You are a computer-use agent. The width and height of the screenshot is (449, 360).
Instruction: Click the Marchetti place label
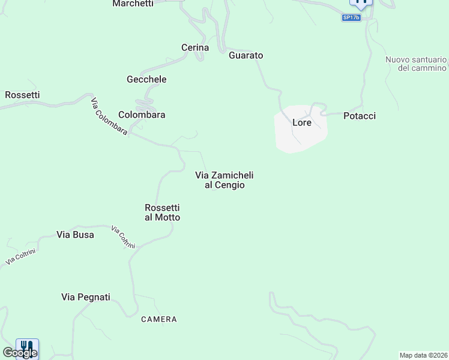coord(133,4)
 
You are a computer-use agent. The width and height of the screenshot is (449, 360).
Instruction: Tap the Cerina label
coord(195,47)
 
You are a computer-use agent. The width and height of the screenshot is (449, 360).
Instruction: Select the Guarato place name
coord(246,55)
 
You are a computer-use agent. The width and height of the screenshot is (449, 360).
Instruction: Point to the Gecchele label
coord(146,79)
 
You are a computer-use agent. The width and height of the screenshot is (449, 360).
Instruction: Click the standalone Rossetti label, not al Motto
coord(22,95)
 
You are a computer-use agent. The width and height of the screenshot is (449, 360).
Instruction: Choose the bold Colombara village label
coord(142,115)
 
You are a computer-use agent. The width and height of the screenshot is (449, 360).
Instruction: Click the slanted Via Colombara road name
coord(109,115)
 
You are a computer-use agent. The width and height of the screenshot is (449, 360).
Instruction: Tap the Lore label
coord(301,122)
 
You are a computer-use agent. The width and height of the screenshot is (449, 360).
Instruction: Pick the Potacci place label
coord(360,116)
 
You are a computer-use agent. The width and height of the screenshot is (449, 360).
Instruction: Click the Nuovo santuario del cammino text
coord(417,64)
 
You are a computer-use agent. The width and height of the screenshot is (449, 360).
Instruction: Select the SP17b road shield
coord(351,17)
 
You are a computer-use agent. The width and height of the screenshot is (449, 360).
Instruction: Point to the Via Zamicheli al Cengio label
coord(224,180)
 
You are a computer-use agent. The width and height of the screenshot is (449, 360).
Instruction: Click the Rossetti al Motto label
coord(162,212)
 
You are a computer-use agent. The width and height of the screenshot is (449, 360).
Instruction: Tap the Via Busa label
coord(75,235)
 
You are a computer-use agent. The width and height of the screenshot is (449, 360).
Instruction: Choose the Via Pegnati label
coord(86,297)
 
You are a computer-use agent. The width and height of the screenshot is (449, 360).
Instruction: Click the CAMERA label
coord(159,319)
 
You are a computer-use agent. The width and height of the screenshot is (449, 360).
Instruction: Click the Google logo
coord(19,353)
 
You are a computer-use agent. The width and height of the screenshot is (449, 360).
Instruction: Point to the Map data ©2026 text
coord(423,355)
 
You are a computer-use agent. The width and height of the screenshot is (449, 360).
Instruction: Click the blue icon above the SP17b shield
coord(361,2)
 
